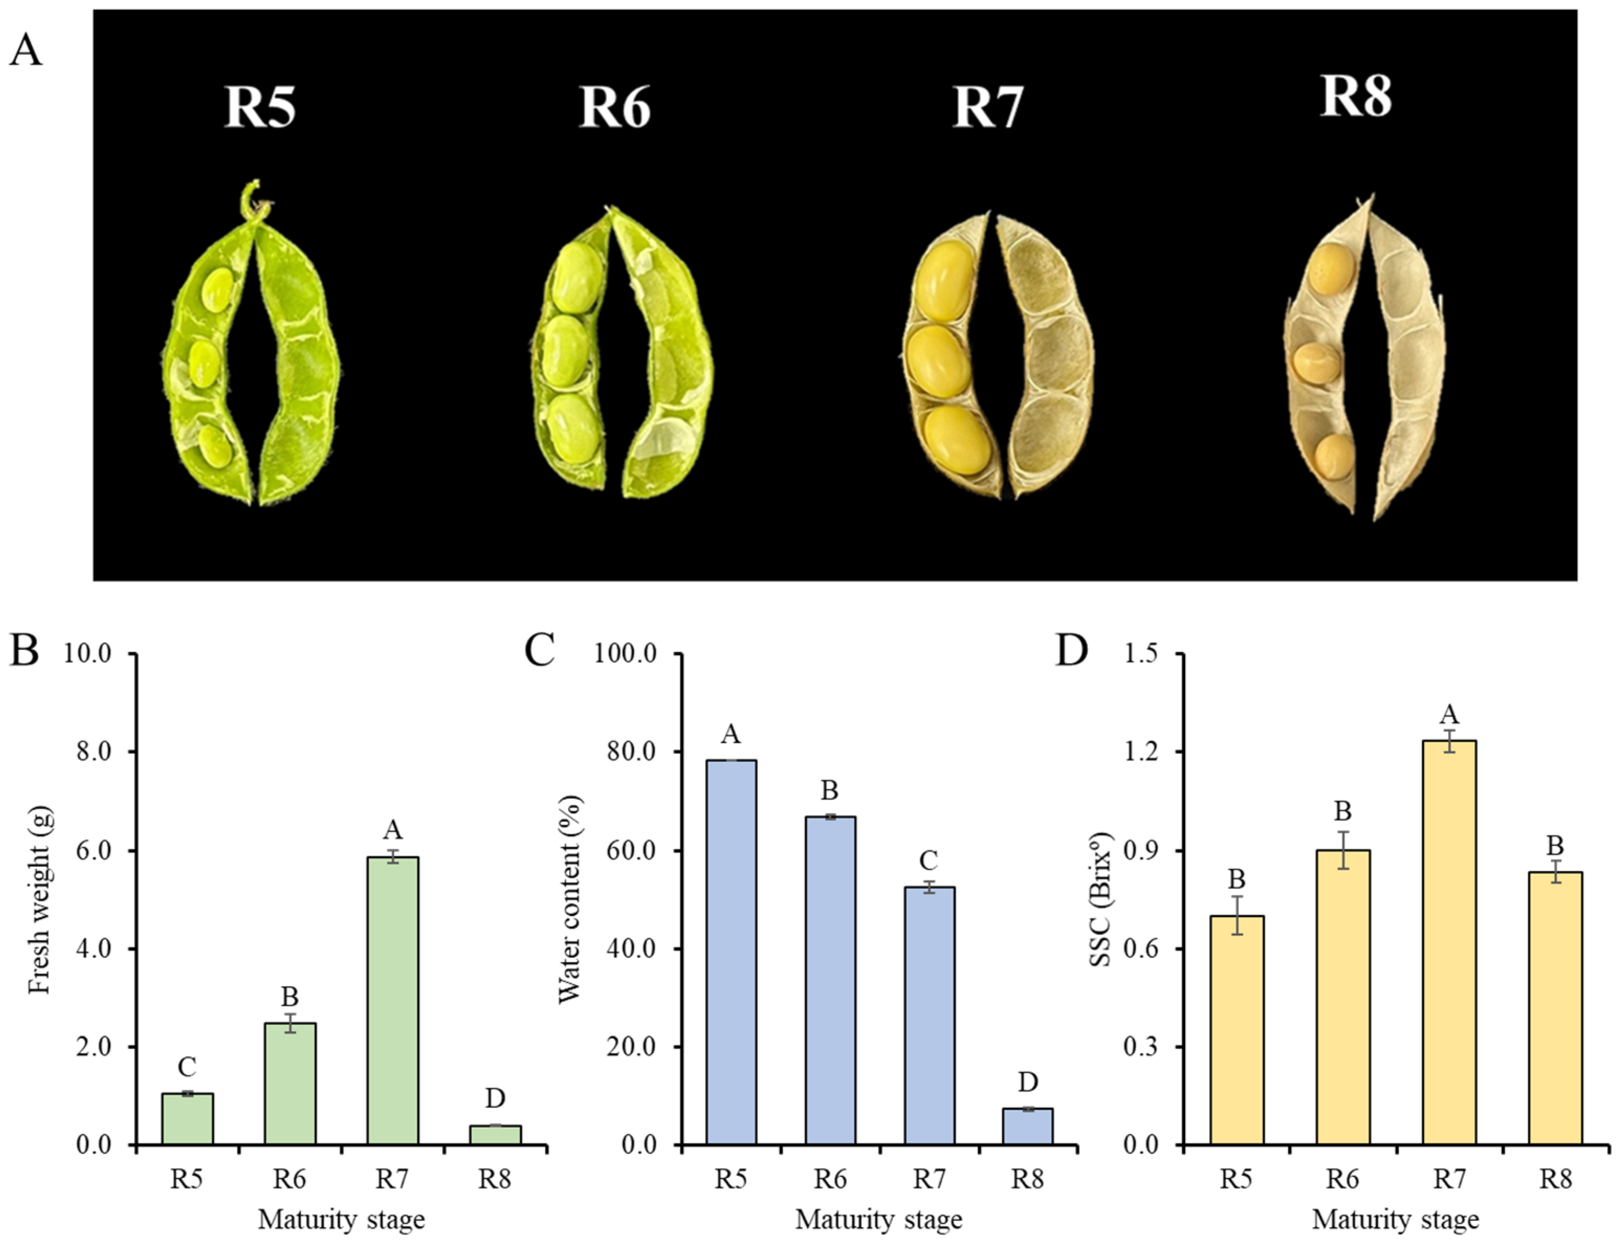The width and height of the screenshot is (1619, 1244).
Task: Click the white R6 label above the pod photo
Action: (614, 108)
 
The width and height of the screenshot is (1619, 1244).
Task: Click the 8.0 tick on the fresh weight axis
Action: (89, 752)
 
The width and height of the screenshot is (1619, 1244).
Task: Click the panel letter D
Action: (1071, 652)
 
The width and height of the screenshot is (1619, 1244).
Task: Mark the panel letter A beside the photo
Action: (25, 52)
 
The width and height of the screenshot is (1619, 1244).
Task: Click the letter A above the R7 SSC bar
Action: (1449, 714)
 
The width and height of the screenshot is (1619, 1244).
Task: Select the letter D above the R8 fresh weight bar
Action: (494, 1098)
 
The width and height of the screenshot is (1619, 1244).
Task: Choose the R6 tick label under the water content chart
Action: (830, 1180)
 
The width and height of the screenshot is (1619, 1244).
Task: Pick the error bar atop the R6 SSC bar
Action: (1342, 850)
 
